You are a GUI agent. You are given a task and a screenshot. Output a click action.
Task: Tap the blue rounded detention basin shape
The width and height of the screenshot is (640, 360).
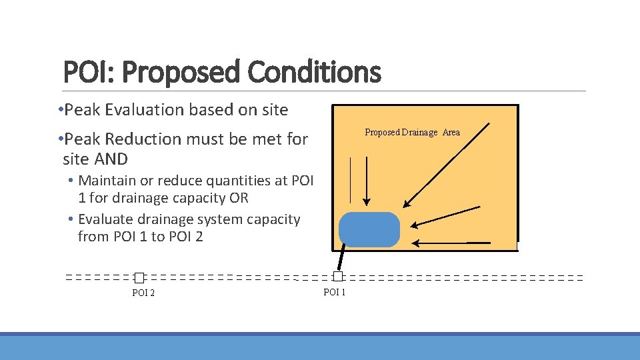point(369,229)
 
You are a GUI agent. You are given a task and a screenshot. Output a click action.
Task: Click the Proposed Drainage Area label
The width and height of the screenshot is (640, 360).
point(412,132)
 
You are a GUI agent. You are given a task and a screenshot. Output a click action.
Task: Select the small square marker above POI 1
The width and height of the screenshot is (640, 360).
point(338,276)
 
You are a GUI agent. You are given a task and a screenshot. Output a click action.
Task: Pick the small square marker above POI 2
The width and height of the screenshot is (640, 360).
point(139,277)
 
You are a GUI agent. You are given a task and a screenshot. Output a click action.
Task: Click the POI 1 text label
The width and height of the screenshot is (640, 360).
point(334,292)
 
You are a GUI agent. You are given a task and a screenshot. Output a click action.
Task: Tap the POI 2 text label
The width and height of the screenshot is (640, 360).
point(143,293)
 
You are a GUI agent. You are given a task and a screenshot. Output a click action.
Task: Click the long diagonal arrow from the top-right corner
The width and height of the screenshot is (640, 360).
point(447,165)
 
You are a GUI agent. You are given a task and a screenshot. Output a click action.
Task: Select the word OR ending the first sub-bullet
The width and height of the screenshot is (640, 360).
point(239,198)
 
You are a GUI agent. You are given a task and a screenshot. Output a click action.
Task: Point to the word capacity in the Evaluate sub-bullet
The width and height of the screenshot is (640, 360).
point(272,219)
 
